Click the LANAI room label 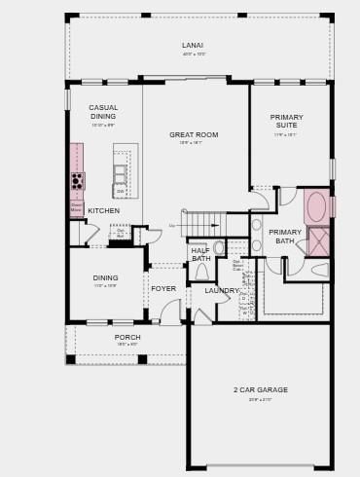[x=193, y=45]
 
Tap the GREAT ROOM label [x=194, y=134]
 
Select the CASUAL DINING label [x=103, y=112]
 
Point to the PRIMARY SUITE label [x=286, y=121]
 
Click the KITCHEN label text [x=104, y=210]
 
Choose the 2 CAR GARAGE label [x=260, y=389]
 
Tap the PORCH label [x=127, y=337]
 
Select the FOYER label [x=163, y=288]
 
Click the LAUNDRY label [x=222, y=290]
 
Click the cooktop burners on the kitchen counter [x=78, y=181]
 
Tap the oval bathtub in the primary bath [x=316, y=206]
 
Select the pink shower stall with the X [x=319, y=241]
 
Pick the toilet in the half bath [x=201, y=272]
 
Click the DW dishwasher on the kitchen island [x=121, y=192]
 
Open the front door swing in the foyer [x=171, y=312]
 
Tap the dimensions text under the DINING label [x=105, y=286]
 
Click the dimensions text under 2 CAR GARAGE [x=260, y=399]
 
